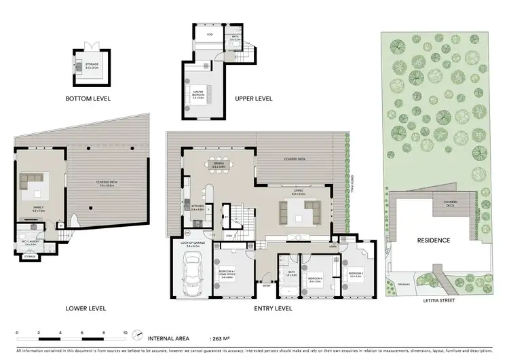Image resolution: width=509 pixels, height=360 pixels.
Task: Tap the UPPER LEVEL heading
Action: (x=253, y=98)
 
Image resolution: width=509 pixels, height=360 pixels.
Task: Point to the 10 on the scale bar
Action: (x=125, y=332)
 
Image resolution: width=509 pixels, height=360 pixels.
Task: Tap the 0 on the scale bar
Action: (x=16, y=332)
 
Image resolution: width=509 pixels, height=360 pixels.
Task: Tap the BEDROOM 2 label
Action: (x=356, y=273)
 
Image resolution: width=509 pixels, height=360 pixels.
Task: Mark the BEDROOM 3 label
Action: (x=315, y=277)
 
